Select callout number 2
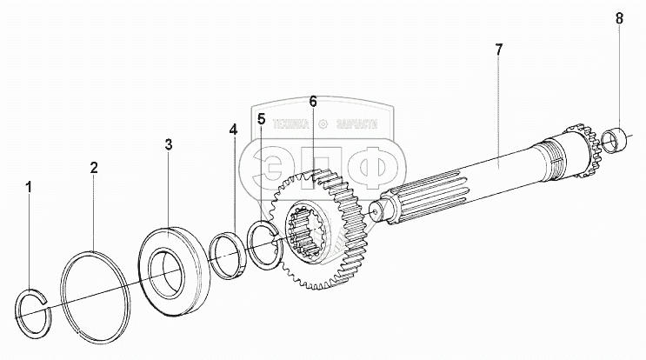coord(94,168)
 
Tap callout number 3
coord(169,143)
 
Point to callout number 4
coord(232,130)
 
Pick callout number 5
coord(261,117)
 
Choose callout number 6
coord(312,103)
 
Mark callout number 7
coord(498,50)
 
